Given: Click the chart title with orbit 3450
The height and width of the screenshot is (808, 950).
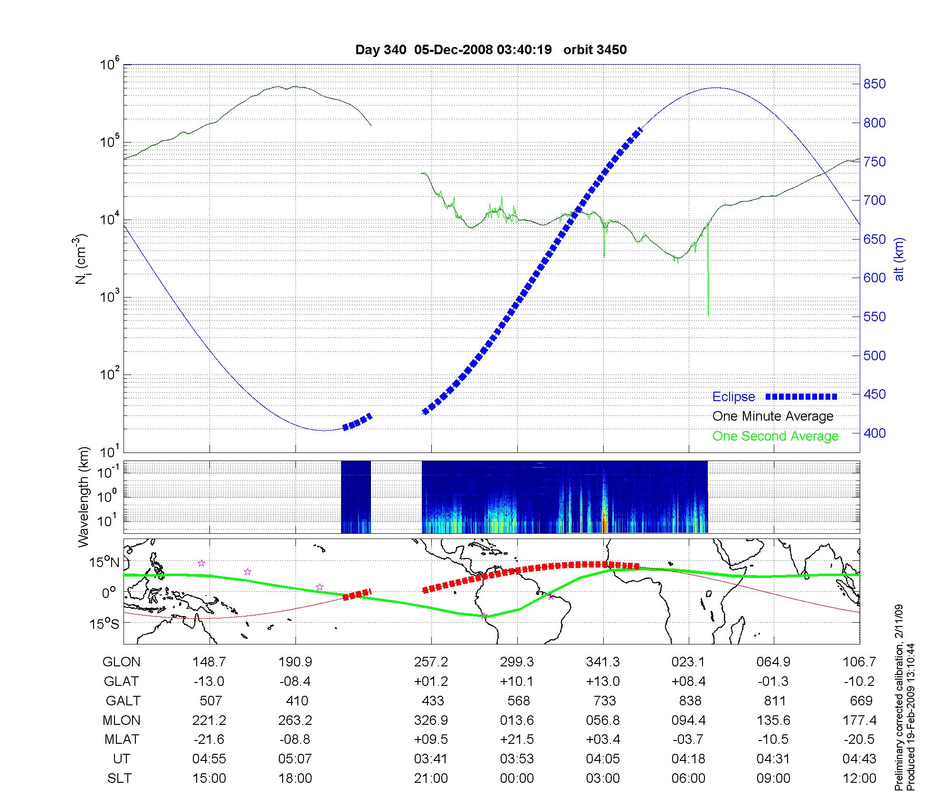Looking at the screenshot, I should (491, 50).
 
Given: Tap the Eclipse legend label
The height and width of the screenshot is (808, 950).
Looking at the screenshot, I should (733, 397).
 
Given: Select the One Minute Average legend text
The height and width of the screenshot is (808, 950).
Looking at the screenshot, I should (773, 416).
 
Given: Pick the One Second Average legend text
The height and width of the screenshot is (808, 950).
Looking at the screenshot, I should (775, 436).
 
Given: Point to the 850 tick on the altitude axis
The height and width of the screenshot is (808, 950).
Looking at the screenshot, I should (874, 84).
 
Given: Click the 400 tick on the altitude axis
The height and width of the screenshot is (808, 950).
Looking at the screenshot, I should (874, 433).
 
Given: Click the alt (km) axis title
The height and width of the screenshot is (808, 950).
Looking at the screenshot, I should (899, 259).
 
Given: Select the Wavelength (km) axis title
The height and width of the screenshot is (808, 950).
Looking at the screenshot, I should (84, 497).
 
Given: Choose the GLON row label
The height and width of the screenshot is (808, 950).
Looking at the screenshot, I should (121, 662).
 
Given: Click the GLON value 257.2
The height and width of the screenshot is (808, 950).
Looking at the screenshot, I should (431, 662).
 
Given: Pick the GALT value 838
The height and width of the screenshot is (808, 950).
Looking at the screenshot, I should (690, 701).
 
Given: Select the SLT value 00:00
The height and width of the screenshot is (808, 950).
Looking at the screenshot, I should (517, 779).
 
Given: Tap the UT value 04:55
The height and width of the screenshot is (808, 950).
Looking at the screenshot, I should (209, 759).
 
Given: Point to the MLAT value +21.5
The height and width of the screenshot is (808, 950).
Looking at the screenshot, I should (517, 740).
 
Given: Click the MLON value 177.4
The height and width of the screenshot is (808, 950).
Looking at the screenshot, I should (859, 721).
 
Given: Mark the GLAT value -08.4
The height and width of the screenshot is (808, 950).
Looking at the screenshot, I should (295, 682).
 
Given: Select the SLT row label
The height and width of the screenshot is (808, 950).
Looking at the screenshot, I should (119, 779).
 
